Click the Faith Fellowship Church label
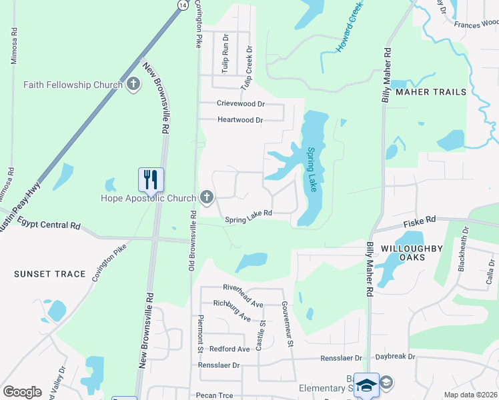click(73, 85)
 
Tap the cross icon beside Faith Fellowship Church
click(133, 85)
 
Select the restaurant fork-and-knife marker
click(151, 179)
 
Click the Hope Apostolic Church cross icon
click(207, 197)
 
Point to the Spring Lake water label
click(311, 169)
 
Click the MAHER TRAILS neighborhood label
click(431, 92)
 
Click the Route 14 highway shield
click(182, 5)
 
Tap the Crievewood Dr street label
click(241, 104)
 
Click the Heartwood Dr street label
click(240, 120)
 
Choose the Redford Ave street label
click(229, 349)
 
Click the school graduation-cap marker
click(366, 385)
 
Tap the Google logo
click(23, 392)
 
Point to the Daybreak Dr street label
click(395, 357)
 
